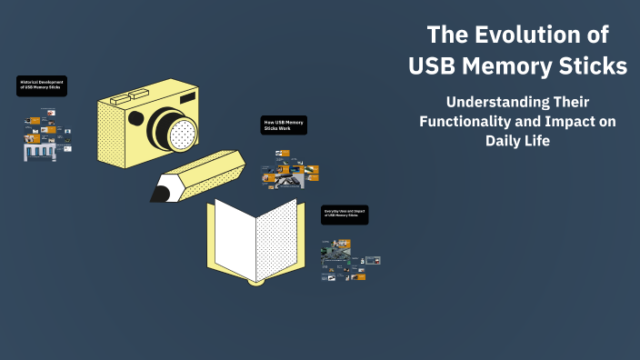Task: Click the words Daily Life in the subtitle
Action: [517, 143]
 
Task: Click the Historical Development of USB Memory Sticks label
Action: [42, 87]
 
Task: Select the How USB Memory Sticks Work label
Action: [284, 125]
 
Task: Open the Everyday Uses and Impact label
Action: [345, 215]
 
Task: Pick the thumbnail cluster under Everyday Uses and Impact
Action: [349, 260]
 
